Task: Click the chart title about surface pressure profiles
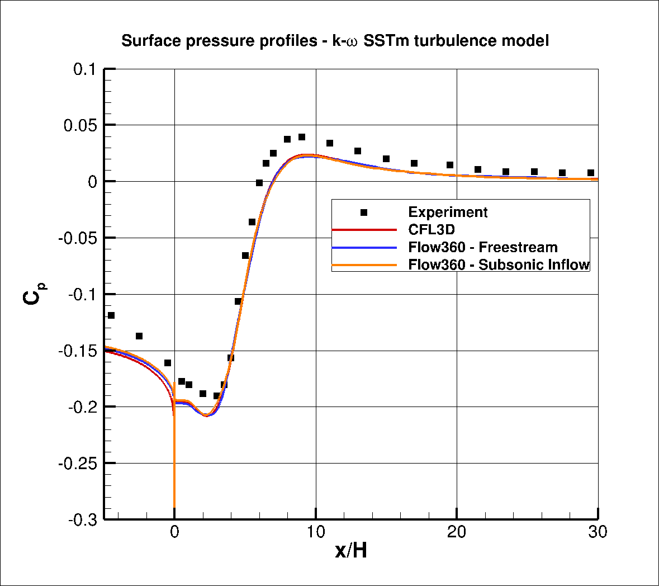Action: pos(335,41)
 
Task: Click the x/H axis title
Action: pos(351,551)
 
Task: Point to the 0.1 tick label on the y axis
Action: pos(85,69)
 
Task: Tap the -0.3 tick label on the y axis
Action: pos(82,519)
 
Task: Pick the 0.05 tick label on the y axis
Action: pos(80,125)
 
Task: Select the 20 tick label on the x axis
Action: pos(457,532)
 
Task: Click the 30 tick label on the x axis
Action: pos(598,532)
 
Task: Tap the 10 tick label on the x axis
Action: pos(316,532)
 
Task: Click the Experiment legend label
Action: pos(448,212)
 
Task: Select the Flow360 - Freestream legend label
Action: pos(482,247)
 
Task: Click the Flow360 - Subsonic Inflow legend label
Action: pos(499,264)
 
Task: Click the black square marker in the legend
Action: pos(364,212)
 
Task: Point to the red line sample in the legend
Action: pos(364,230)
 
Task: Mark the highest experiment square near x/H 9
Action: pos(302,137)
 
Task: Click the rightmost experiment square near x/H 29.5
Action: pos(591,173)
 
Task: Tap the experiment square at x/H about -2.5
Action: pos(139,336)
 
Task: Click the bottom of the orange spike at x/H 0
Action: pos(175,506)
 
